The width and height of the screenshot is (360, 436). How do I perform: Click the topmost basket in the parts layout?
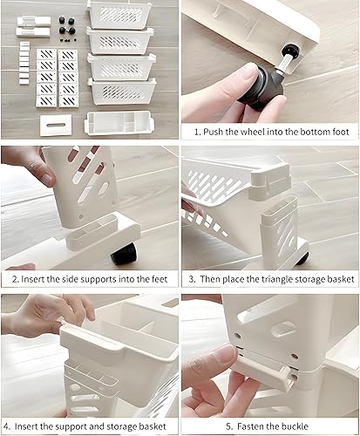(119, 15)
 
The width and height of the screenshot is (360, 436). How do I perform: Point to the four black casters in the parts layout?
(67, 28)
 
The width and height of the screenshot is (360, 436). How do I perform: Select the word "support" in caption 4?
(73, 427)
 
